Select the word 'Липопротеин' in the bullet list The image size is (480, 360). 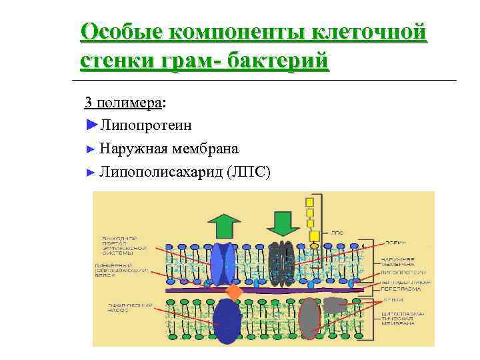(146, 125)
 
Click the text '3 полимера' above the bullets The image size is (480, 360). (123, 103)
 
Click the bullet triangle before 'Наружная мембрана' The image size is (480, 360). (91, 149)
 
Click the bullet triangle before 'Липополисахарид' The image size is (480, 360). (91, 173)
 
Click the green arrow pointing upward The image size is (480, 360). (225, 225)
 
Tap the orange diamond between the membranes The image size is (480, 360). (233, 292)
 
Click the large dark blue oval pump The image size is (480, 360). (227, 321)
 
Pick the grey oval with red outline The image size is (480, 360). (309, 318)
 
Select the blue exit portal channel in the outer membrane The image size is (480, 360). (224, 264)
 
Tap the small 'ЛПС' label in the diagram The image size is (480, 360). (337, 235)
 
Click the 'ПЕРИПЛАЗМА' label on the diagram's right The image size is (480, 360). (397, 290)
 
